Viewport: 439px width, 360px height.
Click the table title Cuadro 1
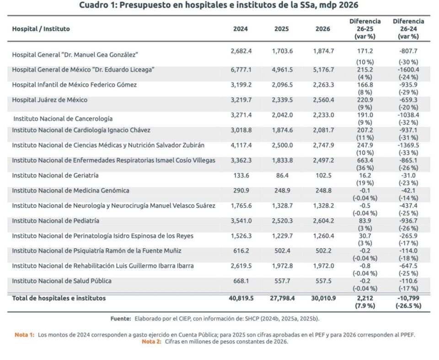click(218, 6)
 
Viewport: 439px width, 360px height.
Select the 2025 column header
click(281, 29)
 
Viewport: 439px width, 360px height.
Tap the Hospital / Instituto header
click(41, 29)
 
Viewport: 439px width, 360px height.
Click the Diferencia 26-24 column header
click(408, 29)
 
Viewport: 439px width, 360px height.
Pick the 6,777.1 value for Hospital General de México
click(241, 70)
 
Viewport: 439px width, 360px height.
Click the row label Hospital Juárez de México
click(49, 100)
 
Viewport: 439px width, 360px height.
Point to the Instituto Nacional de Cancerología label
click(63, 118)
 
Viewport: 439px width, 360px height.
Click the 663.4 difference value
click(365, 160)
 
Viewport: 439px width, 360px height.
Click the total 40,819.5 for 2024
click(241, 298)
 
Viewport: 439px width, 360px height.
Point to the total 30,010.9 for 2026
click(323, 298)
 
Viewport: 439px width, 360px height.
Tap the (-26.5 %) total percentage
click(408, 306)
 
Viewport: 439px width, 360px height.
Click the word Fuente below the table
click(121, 318)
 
